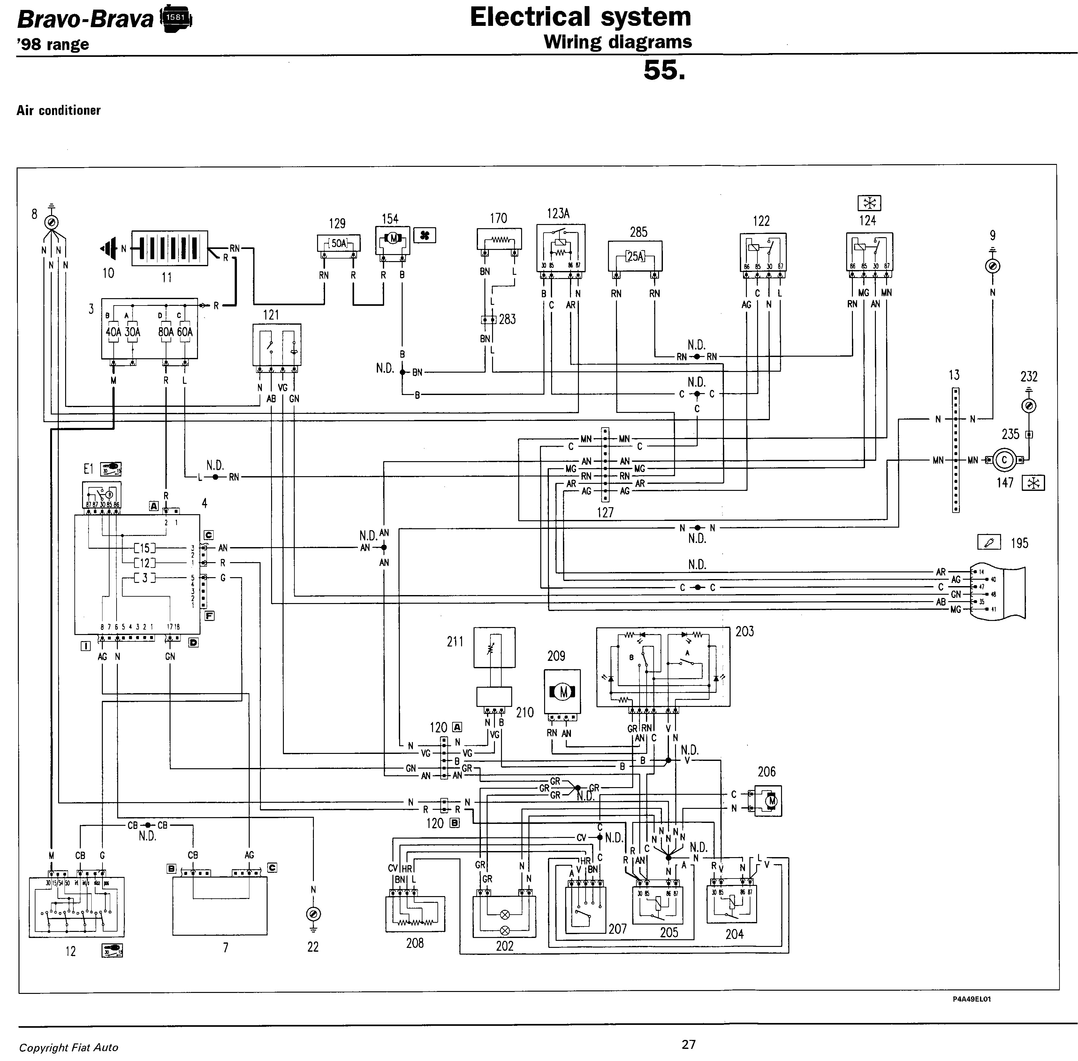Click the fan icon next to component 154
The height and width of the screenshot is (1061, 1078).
click(425, 236)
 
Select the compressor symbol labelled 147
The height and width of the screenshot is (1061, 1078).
click(1005, 460)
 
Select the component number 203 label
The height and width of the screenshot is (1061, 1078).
click(744, 631)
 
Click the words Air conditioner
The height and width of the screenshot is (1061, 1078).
click(58, 110)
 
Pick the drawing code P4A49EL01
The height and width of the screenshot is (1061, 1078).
click(971, 999)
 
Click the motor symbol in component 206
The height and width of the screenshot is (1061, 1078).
click(771, 801)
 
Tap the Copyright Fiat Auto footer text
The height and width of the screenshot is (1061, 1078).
click(68, 1048)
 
